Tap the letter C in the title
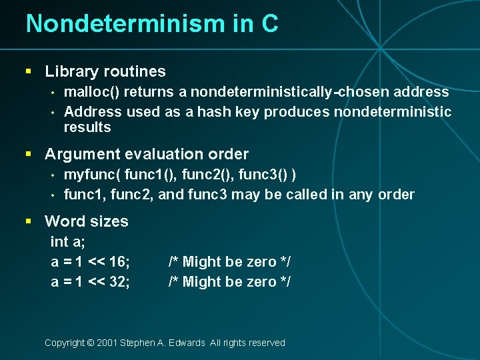point(269,24)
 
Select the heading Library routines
point(105,71)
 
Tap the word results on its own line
point(87,127)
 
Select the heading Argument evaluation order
point(147,154)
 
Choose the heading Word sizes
point(87,221)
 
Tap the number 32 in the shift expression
point(118,281)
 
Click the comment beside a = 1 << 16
point(229,261)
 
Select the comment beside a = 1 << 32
point(229,281)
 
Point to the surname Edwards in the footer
point(187,343)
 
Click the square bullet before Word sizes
point(29,221)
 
